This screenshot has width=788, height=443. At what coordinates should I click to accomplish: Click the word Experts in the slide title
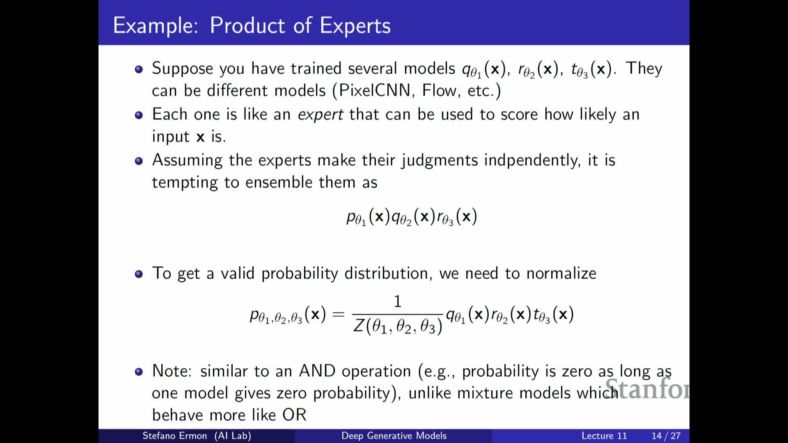(355, 26)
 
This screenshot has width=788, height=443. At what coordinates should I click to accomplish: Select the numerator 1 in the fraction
(397, 302)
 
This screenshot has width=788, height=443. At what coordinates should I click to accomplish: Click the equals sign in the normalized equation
(339, 315)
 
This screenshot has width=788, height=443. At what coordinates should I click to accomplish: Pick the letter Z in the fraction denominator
(359, 326)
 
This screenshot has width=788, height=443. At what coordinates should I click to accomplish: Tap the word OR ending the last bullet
(294, 415)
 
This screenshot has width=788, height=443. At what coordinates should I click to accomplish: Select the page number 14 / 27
(666, 436)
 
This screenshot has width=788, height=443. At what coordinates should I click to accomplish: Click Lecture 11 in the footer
(604, 436)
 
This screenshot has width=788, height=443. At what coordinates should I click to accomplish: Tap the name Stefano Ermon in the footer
(174, 436)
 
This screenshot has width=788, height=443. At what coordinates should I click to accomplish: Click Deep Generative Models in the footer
(394, 436)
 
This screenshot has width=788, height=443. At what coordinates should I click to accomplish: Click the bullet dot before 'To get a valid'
(139, 274)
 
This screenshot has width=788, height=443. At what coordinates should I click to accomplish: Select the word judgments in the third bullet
(440, 160)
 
